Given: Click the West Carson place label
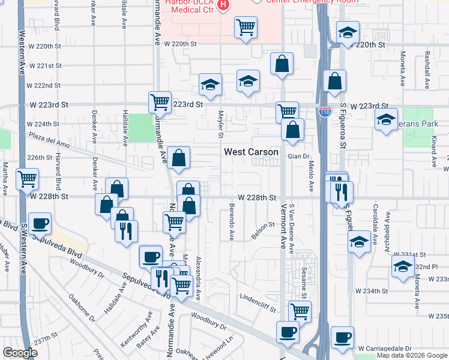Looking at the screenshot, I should point(251,152).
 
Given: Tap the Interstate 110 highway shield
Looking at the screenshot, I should point(325,112).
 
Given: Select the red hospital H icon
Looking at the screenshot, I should point(223,6).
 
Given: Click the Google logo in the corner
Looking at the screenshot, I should point(20,353).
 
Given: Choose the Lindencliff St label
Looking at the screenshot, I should point(257,302).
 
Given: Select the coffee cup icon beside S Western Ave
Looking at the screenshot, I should point(40,224).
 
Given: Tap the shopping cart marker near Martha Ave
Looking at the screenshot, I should point(27,179).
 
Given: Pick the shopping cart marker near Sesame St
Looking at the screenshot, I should point(300,311).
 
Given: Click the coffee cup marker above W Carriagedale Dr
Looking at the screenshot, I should point(342,338).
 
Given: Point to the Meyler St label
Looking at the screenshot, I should point(221,122).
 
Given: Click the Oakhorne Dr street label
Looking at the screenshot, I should point(82,307).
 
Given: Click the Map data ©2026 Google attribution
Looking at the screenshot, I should point(412,356).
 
